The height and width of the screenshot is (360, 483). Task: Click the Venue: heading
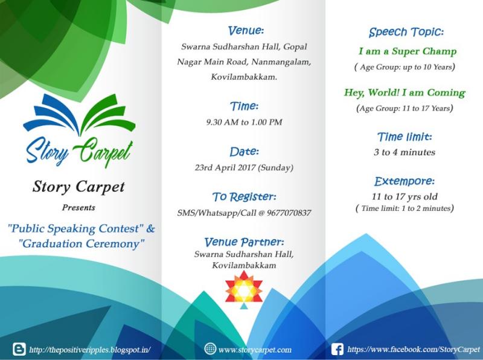(x=246, y=31)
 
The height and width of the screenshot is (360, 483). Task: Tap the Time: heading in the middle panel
(x=245, y=106)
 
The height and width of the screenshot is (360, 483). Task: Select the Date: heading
(x=245, y=152)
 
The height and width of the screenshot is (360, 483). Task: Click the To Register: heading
(x=245, y=197)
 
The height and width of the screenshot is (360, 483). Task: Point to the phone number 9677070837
(x=289, y=213)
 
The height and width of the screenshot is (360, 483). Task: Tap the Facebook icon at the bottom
(x=337, y=350)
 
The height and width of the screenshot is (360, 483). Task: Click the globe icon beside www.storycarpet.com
(x=210, y=349)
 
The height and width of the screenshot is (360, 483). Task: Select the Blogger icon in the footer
(x=19, y=349)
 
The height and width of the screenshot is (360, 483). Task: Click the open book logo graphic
(x=79, y=115)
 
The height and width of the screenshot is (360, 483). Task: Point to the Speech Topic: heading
(x=406, y=32)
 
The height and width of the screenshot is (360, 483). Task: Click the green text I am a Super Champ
(x=407, y=51)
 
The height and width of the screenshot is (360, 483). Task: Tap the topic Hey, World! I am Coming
(x=405, y=93)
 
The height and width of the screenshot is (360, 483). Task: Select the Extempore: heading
(x=405, y=181)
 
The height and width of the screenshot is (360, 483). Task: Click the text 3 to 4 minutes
(x=405, y=152)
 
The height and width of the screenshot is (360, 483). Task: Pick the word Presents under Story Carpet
(x=78, y=207)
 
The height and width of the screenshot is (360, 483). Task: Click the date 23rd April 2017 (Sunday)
(x=244, y=168)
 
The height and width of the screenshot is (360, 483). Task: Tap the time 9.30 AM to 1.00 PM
(x=245, y=123)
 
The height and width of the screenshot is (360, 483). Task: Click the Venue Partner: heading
(x=245, y=242)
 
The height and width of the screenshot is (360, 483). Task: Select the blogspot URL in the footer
(x=90, y=350)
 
